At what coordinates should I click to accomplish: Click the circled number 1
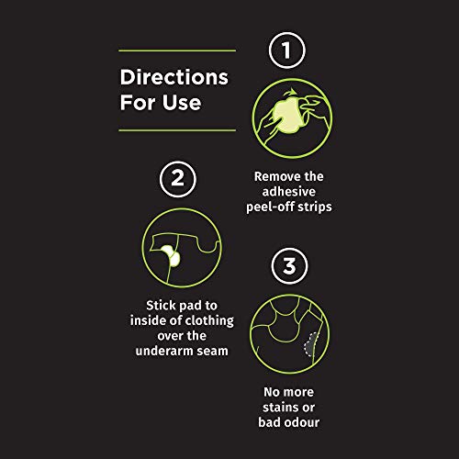pos(287,50)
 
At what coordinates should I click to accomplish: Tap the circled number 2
pos(178,179)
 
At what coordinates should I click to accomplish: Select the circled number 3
pos(289,266)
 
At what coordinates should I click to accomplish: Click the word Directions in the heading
pos(174,77)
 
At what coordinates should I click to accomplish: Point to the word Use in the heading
pos(182,102)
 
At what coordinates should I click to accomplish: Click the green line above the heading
pos(177,50)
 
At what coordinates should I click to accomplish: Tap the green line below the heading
pos(177,130)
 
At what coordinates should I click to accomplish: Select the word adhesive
pos(289,192)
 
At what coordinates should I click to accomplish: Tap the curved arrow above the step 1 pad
pos(290,92)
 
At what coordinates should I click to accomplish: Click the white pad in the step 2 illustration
pos(171,255)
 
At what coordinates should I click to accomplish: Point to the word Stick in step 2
pos(160,306)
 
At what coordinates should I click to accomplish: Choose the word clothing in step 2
pos(210,321)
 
